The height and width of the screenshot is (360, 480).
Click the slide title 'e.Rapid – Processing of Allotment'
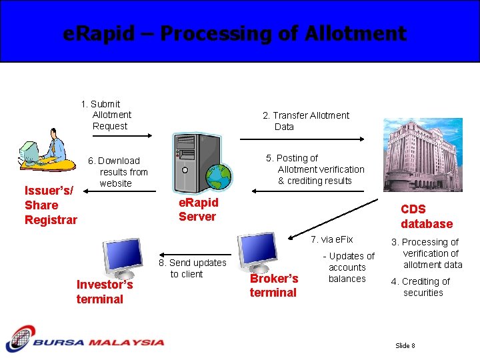point(234,33)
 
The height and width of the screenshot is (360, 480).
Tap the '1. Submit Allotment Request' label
point(107,115)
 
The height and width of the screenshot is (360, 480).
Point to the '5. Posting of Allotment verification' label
point(315,169)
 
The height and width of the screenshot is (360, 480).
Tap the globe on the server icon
point(218,177)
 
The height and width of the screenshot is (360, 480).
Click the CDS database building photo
point(423,155)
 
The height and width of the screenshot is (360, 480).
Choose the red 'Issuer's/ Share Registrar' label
point(51,205)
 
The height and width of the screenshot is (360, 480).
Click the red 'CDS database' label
point(426,217)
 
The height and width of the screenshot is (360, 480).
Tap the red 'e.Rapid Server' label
point(198,209)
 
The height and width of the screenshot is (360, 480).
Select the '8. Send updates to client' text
point(192,268)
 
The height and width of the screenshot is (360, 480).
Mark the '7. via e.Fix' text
point(332,239)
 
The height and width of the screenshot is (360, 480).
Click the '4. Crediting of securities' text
point(424,287)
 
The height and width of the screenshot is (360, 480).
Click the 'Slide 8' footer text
point(405,345)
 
